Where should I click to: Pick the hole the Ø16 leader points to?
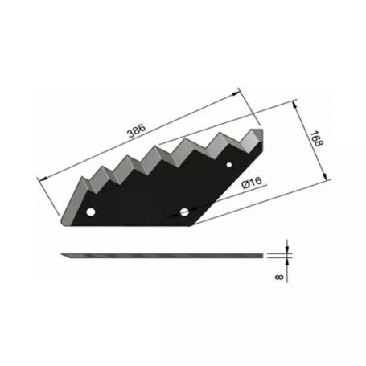click(x=184, y=212)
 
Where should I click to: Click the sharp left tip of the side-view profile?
click(x=62, y=256)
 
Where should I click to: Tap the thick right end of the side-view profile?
click(x=263, y=256)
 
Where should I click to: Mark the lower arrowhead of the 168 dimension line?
click(x=328, y=183)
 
